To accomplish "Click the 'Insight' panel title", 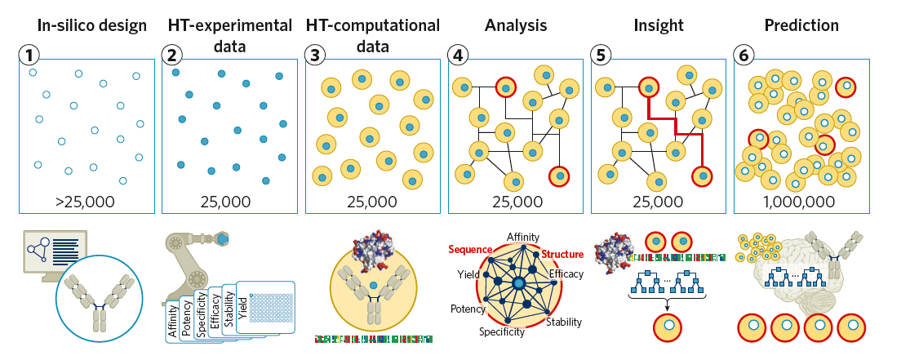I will pos(658,25).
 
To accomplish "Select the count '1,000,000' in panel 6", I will pos(801,202).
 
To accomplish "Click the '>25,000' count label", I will pos(87,202).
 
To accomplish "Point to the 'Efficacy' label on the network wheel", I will pos(566,274).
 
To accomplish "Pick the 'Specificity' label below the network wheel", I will pos(502,332).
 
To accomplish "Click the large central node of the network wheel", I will pos(518,284).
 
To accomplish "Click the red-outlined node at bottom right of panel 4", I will pos(558,175).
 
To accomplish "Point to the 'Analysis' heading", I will pos(515,25).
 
